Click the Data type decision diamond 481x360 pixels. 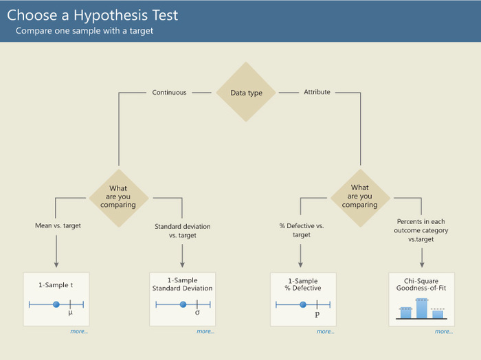coord(246,92)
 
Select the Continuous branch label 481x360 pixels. coord(169,92)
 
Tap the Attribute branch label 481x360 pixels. coord(317,92)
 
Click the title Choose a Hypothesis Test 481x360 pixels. coord(92,15)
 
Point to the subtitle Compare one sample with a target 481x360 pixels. coord(85,31)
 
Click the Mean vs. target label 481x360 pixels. coord(58,226)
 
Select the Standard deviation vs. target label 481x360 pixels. coord(183,231)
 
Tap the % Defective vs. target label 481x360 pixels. coord(302,230)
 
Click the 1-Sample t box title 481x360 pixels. coord(56,285)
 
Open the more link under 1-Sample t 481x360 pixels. coord(79,331)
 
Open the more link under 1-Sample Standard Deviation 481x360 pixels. coord(205,331)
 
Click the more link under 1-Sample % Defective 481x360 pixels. coord(325,331)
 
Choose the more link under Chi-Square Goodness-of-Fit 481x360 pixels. coord(444,331)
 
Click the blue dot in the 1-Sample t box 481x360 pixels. coord(56,304)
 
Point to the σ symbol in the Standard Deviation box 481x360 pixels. coord(197,313)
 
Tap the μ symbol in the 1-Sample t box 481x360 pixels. coord(70,313)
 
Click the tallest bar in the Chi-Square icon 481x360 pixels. coord(421,308)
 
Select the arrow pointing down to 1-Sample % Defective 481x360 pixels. coord(300,256)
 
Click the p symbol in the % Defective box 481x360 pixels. coord(317,314)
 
